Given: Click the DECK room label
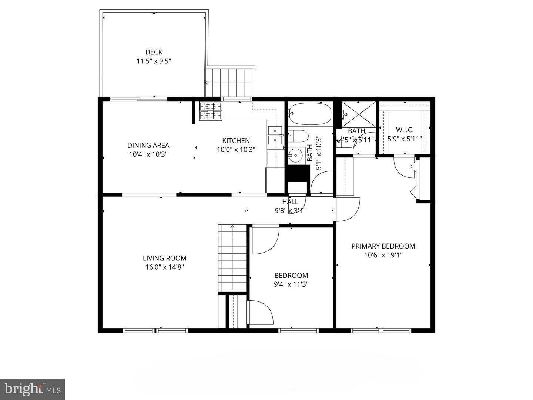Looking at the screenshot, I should coord(154,52).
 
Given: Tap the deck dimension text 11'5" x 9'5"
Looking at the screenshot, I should coord(154,61).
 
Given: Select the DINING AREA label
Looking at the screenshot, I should coord(148,145).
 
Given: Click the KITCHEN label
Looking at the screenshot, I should coord(236,141).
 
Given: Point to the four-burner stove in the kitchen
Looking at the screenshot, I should coord(211,110).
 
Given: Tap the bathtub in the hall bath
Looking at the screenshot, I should coord(310,114).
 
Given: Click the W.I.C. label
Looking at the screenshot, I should coord(405,130).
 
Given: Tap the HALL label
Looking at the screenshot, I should coord(290,202).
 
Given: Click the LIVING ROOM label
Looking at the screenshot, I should coord(165,258).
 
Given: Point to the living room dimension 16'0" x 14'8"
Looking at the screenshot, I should coord(165,267).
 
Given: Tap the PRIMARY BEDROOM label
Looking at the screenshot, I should coord(383,246).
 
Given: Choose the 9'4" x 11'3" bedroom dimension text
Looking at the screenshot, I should coord(291,284).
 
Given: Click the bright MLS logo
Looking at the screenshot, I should coord(33,389).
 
